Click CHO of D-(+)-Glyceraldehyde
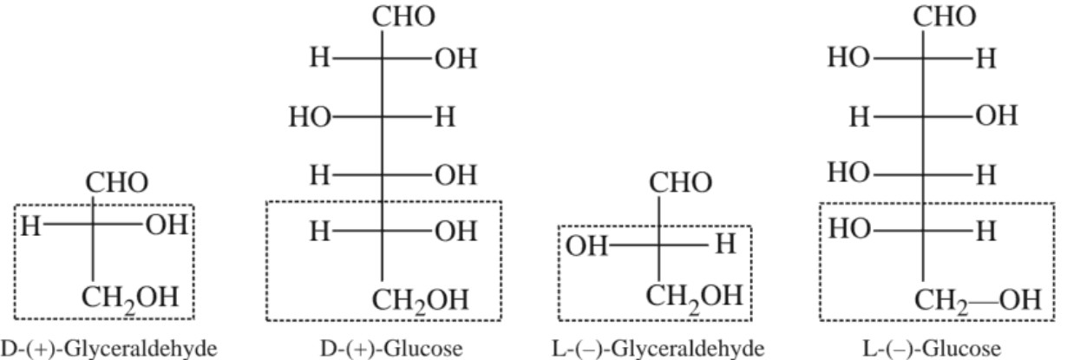coord(116,184)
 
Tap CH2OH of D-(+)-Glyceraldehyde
coord(130,298)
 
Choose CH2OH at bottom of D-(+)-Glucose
coord(420,301)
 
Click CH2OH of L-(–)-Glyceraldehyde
coord(693,295)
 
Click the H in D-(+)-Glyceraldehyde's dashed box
coord(31,227)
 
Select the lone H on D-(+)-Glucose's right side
coord(443,118)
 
